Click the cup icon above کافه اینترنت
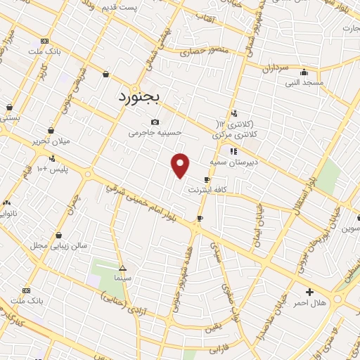(207, 179)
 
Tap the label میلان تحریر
(51, 141)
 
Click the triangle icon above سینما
(123, 268)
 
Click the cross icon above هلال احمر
(309, 291)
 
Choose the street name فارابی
(221, 347)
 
